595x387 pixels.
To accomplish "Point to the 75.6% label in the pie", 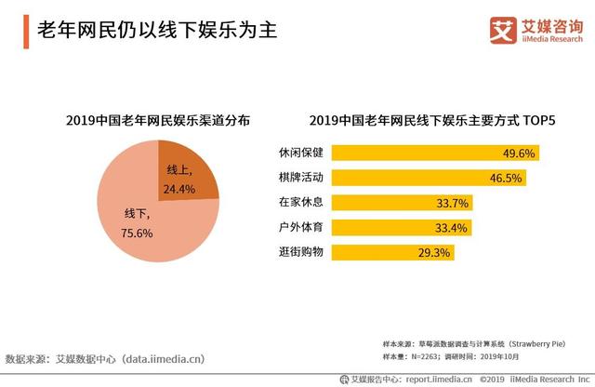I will pos(137,234).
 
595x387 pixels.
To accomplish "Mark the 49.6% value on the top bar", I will pos(517,153).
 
